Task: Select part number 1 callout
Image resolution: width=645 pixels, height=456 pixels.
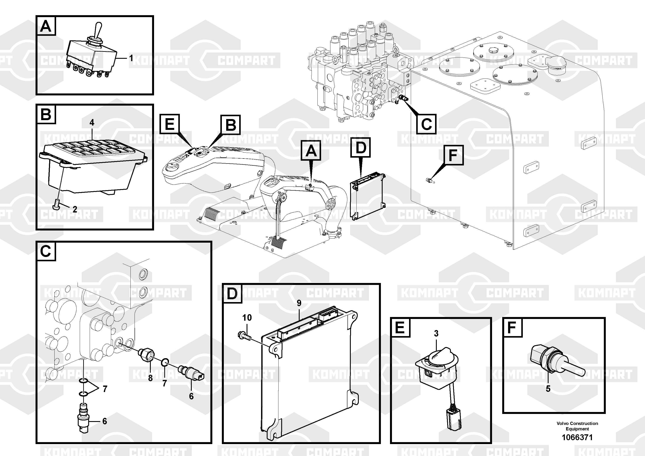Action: coord(131,58)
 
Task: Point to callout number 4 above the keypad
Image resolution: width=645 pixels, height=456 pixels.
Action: coord(92,123)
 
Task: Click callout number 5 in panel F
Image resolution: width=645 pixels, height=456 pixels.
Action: coord(548,389)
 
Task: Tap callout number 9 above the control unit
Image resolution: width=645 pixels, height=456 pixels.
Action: coord(299,303)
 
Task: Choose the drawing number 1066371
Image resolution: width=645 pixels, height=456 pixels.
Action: coord(577,437)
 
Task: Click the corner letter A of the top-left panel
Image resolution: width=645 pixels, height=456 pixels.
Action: coord(46,26)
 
